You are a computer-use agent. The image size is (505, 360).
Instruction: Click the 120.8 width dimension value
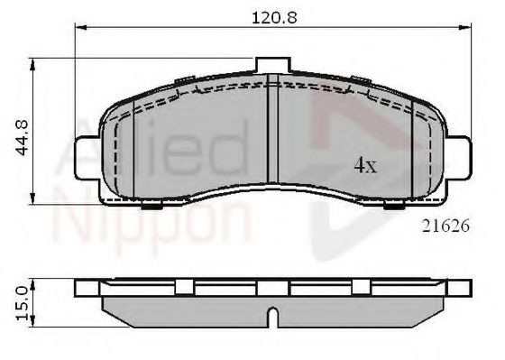click(x=274, y=17)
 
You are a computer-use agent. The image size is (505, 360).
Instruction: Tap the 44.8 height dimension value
click(x=23, y=138)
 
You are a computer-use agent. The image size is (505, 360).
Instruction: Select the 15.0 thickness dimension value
click(x=23, y=304)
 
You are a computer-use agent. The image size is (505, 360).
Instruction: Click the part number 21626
click(x=445, y=226)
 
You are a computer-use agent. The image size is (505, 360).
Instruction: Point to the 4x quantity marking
click(x=365, y=166)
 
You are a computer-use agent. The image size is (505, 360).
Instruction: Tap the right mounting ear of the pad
click(x=459, y=158)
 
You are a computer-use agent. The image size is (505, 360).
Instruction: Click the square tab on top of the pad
click(x=273, y=65)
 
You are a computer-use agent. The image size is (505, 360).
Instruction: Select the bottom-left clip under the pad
click(x=151, y=205)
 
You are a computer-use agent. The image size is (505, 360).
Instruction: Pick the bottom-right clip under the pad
click(x=394, y=205)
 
